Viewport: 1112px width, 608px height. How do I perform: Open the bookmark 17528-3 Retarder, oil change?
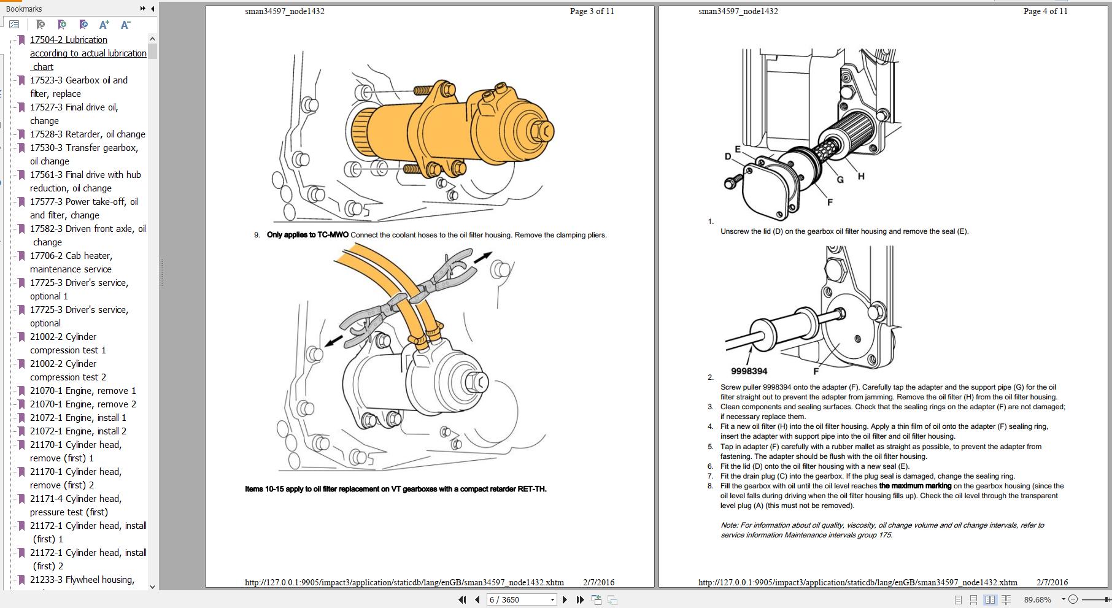tap(87, 134)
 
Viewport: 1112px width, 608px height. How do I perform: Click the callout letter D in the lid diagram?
tap(728, 156)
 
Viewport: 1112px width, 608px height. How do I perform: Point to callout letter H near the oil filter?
tap(861, 176)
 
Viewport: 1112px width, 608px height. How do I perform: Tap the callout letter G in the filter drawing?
tap(840, 180)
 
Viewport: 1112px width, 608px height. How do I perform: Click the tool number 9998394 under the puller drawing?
tap(749, 371)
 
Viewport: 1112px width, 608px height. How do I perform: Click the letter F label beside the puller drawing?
tap(816, 371)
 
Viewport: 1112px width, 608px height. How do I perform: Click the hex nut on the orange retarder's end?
tap(542, 131)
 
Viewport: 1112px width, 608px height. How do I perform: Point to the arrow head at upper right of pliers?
tap(486, 255)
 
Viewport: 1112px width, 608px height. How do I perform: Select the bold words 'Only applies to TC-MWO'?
tap(307, 235)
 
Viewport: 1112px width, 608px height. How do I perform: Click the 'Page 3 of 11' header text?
tap(592, 11)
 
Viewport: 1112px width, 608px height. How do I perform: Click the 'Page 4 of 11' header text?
tap(1045, 11)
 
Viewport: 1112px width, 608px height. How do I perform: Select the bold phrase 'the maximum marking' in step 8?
tap(915, 486)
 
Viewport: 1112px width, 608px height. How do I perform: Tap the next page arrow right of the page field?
tap(565, 599)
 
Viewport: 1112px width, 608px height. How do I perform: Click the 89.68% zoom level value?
tap(1038, 599)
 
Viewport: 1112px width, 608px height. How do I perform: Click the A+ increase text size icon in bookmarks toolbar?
tap(104, 25)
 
